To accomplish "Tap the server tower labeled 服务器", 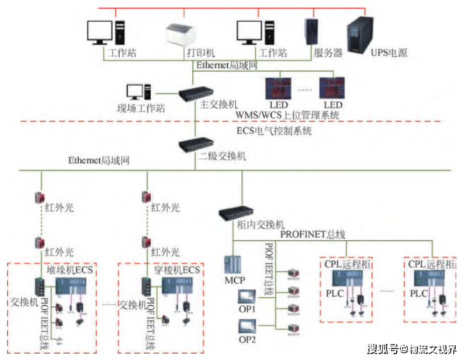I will [x=312, y=31].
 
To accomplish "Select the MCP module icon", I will [x=233, y=265].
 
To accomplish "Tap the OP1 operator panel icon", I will [x=247, y=297].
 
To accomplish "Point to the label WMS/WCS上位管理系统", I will [x=287, y=115].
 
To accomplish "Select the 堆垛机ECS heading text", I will [x=70, y=270].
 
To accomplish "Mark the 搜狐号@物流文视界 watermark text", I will [x=412, y=350].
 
